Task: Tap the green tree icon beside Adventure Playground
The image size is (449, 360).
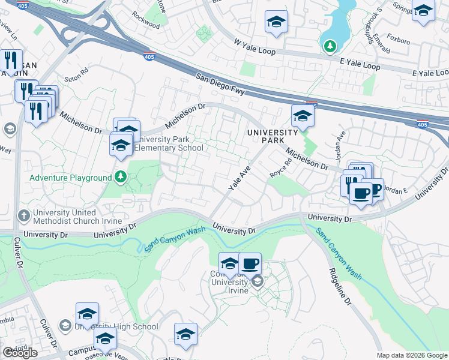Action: click(121, 177)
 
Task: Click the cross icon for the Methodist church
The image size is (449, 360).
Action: click(24, 215)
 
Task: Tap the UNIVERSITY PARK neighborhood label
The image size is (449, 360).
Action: click(272, 136)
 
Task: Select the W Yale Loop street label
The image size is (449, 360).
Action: click(255, 47)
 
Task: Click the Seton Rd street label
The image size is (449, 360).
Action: click(76, 79)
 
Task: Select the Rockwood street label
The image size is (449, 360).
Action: click(146, 25)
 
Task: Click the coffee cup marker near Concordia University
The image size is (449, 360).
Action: click(250, 263)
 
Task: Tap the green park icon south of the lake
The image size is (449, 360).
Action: click(330, 45)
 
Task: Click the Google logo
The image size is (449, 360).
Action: click(20, 353)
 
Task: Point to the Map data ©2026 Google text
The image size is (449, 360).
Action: click(411, 355)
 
